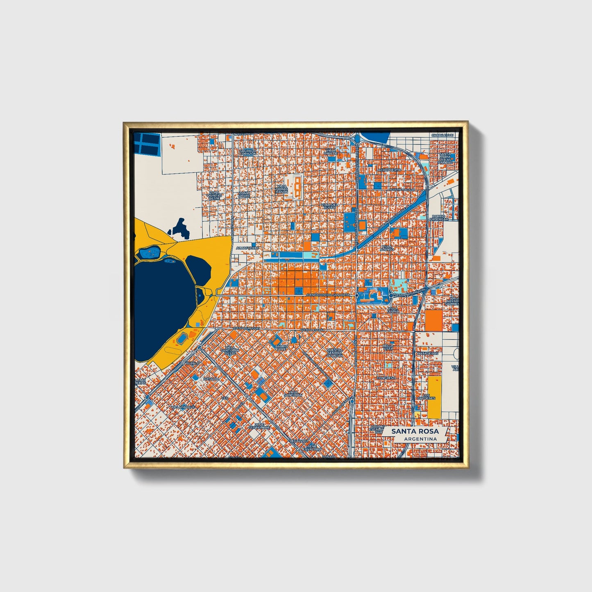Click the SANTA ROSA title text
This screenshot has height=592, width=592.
pyautogui.click(x=415, y=431)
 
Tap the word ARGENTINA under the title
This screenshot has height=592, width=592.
pyautogui.click(x=420, y=439)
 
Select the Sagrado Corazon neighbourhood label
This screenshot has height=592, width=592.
pyautogui.click(x=248, y=152)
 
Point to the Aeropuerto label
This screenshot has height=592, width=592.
pyautogui.click(x=390, y=170)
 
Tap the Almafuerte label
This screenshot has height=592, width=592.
pyautogui.click(x=247, y=248)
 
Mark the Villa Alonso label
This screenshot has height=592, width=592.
pyautogui.click(x=387, y=247)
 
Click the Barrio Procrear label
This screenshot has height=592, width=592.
pyautogui.click(x=439, y=217)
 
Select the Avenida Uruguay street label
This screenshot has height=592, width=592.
pyautogui.click(x=246, y=329)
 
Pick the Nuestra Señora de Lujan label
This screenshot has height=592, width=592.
pyautogui.click(x=334, y=352)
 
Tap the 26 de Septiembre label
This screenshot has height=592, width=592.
pyautogui.click(x=259, y=426)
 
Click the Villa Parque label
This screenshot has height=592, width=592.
pyautogui.click(x=183, y=407)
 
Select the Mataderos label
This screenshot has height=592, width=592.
pyautogui.click(x=427, y=353)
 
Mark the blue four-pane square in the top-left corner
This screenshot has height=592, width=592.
pyautogui.click(x=146, y=144)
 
